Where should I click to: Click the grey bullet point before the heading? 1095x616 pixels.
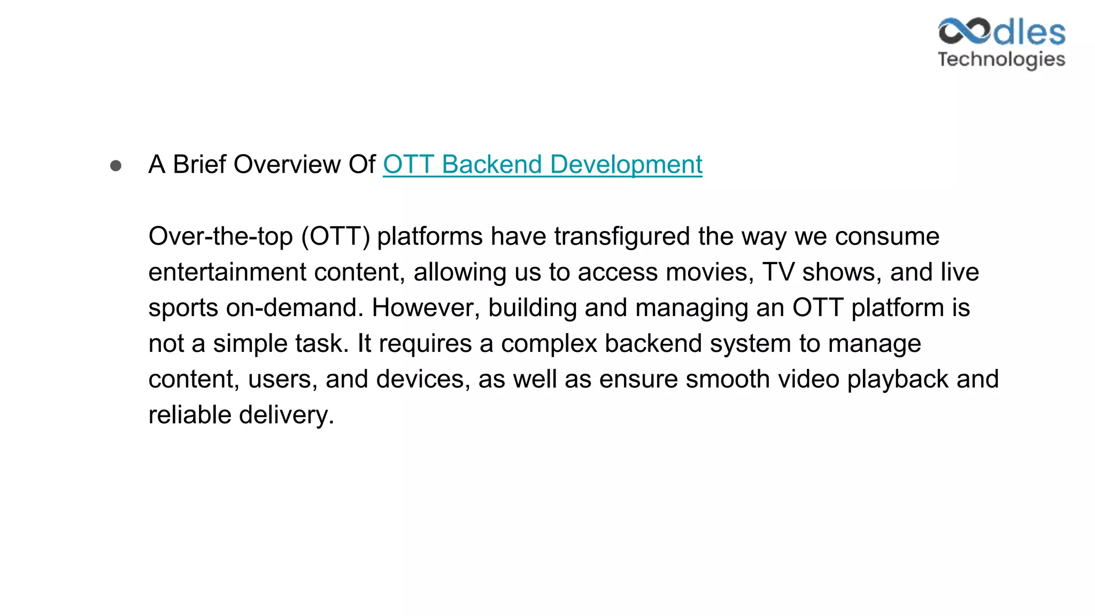[x=115, y=166]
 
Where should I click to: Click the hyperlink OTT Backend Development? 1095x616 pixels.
[x=542, y=164]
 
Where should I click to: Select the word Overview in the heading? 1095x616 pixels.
[x=287, y=164]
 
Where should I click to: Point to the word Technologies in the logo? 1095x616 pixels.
[x=1001, y=59]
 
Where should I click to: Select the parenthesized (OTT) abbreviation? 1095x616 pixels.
[x=336, y=236]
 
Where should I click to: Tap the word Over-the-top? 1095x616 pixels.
[x=220, y=236]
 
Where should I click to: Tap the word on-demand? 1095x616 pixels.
[x=291, y=308]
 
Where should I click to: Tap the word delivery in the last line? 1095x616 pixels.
[x=286, y=415]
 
